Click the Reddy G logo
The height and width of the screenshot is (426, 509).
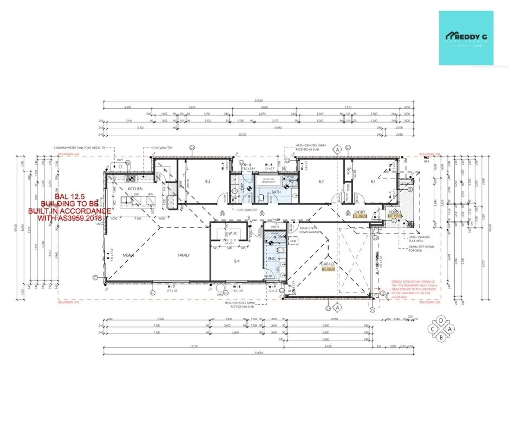pos(466,38)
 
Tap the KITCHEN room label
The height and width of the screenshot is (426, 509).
pos(135,188)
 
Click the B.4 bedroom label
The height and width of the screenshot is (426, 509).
pos(236,261)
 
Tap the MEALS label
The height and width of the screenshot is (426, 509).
pos(128,255)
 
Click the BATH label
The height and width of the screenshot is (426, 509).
pos(276,191)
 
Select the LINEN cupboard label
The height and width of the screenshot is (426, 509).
pos(276,228)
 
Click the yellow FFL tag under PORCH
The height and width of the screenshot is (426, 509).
pos(394,216)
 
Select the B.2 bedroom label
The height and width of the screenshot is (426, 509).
pos(321,182)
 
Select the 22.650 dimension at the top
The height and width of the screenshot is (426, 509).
pos(258,100)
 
